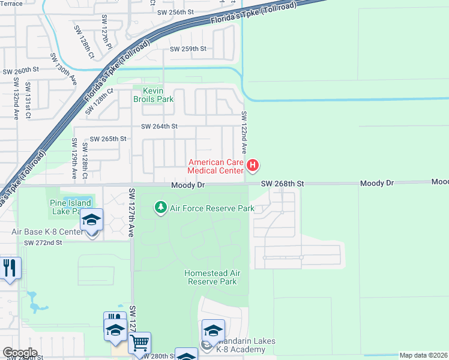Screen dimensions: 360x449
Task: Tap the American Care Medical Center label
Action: point(216,166)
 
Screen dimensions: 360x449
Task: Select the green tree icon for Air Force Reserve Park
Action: point(161,208)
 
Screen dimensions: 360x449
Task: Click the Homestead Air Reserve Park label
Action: point(212,277)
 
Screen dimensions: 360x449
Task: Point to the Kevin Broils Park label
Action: point(148,95)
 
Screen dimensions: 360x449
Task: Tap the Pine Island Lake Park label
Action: point(70,207)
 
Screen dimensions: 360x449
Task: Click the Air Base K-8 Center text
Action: point(47,232)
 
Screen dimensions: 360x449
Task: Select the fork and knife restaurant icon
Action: point(10,267)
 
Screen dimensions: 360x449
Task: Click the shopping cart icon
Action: point(139,343)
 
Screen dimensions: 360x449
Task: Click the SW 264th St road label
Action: point(159,127)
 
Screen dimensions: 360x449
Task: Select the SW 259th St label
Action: point(188,49)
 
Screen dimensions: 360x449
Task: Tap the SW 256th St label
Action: point(175,12)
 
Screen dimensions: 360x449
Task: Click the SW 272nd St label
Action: point(43,242)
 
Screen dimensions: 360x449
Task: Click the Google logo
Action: point(19,352)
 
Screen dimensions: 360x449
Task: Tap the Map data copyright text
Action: point(423,355)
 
